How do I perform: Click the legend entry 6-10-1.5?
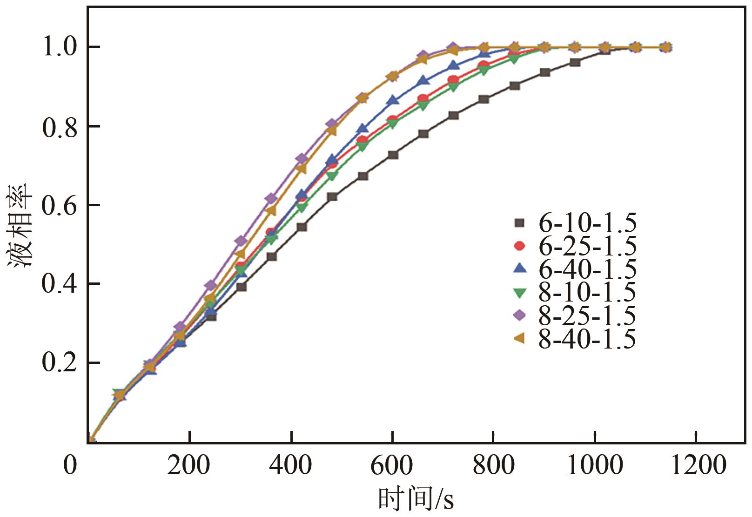pyautogui.click(x=587, y=224)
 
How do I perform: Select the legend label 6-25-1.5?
pyautogui.click(x=587, y=247)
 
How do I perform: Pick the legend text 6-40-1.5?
pyautogui.click(x=587, y=269)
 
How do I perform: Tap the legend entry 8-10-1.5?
pyautogui.click(x=587, y=293)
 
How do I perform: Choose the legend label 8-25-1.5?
pyautogui.click(x=587, y=316)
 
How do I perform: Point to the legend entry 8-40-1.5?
pyautogui.click(x=587, y=339)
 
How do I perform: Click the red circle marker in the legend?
pyautogui.click(x=519, y=246)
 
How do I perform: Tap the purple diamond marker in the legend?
pyautogui.click(x=519, y=316)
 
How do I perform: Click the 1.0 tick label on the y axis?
pyautogui.click(x=60, y=47)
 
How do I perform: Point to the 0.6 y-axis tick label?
pyautogui.click(x=60, y=206)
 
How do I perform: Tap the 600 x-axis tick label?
pyautogui.click(x=392, y=465)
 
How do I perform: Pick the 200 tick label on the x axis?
pyautogui.click(x=189, y=465)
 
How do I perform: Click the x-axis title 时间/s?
pyautogui.click(x=416, y=500)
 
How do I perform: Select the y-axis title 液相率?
pyautogui.click(x=20, y=225)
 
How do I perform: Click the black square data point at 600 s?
pyautogui.click(x=393, y=154)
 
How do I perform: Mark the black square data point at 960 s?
pyautogui.click(x=575, y=62)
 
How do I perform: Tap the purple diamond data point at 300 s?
pyautogui.click(x=241, y=241)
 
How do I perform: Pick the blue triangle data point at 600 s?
pyautogui.click(x=393, y=100)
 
